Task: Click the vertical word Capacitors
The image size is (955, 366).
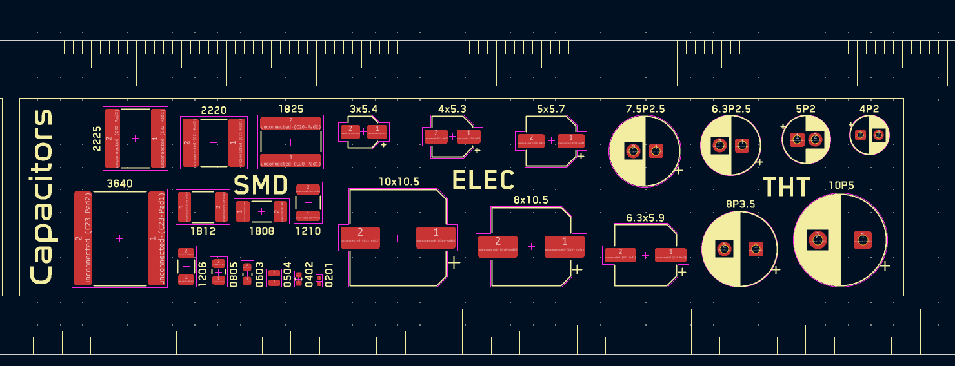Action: [x=42, y=197]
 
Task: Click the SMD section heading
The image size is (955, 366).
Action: [x=261, y=186]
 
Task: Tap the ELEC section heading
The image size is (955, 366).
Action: [x=483, y=180]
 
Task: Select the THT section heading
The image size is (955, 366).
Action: [x=786, y=188]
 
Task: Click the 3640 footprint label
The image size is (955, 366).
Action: [x=119, y=184]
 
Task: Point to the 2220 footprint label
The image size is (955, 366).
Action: [x=214, y=110]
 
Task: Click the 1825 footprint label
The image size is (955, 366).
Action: [x=290, y=110]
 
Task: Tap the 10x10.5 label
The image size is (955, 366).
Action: [x=398, y=182]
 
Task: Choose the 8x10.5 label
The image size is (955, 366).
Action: [x=530, y=200]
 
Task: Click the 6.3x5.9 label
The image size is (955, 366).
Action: [x=645, y=218]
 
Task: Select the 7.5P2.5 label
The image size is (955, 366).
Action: [x=645, y=109]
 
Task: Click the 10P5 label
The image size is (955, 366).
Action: [x=841, y=186]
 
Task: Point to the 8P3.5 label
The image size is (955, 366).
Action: [x=740, y=204]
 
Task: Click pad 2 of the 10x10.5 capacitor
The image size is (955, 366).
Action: [x=360, y=236]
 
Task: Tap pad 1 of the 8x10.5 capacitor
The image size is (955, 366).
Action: [x=565, y=246]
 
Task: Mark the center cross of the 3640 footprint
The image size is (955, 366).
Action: [x=119, y=238]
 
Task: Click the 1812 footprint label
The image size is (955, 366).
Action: [x=203, y=231]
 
